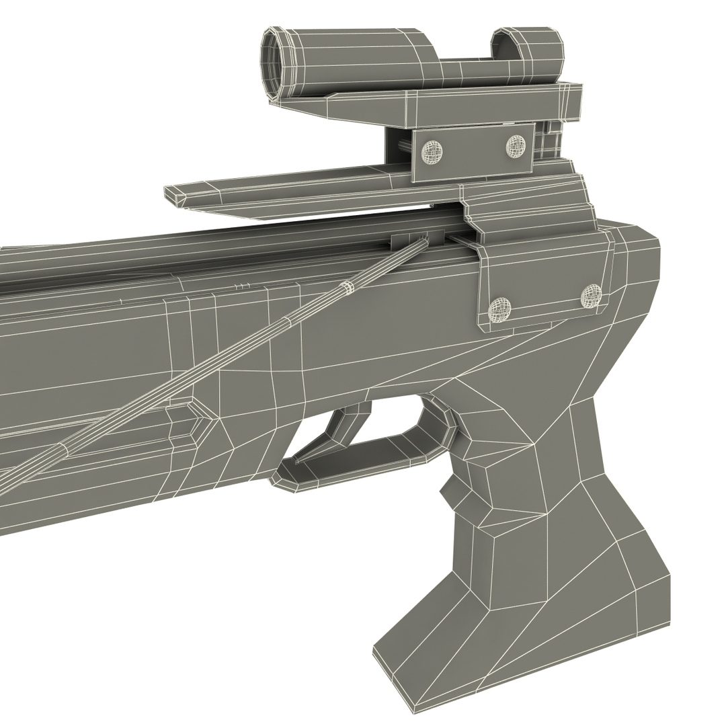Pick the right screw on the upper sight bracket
tap(516, 145)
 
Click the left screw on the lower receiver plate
tap(499, 309)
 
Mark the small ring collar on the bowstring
tap(347, 288)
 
